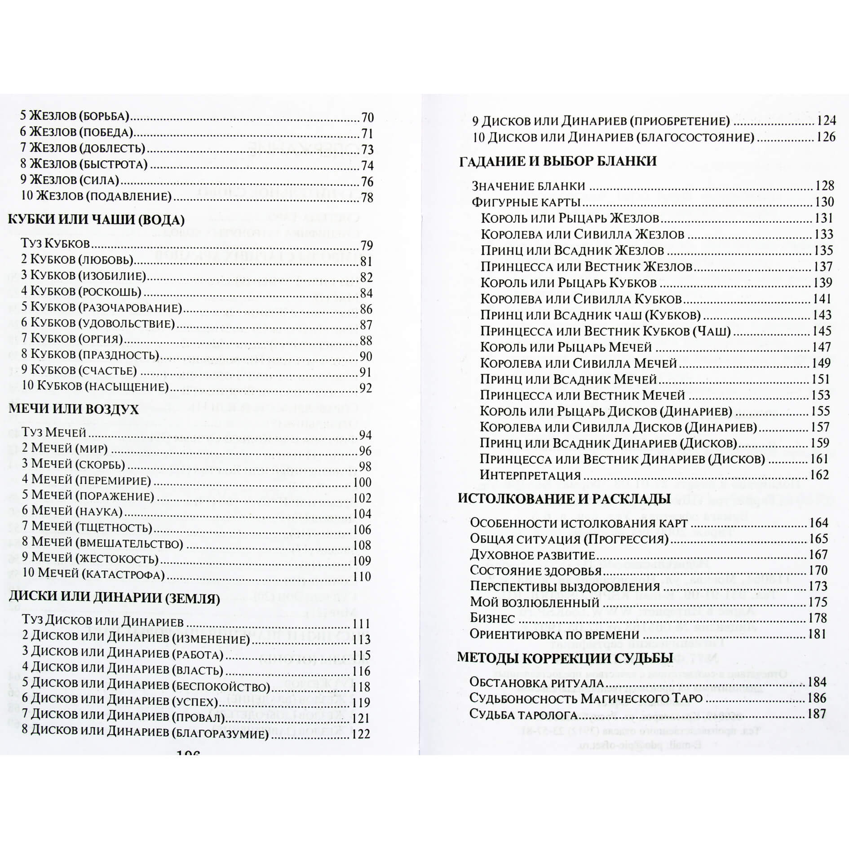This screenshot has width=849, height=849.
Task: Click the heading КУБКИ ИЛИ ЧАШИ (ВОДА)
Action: [97, 220]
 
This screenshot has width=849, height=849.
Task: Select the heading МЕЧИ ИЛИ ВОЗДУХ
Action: [74, 410]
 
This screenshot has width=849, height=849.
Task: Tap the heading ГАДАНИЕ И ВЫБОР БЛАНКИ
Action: [558, 161]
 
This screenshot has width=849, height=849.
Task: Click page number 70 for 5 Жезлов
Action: [367, 118]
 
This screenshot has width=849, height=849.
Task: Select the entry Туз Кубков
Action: [56, 244]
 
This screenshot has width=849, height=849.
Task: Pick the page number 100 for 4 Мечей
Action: [363, 482]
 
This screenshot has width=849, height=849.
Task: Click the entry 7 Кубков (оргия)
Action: [72, 339]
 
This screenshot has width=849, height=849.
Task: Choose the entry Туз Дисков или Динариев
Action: [103, 622]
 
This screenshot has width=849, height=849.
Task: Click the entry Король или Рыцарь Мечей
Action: [566, 347]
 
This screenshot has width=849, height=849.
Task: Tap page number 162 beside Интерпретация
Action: [819, 475]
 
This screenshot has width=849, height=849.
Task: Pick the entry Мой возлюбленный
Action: [535, 602]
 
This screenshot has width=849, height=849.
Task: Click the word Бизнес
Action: [492, 619]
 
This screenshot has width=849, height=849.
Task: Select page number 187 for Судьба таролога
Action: [816, 714]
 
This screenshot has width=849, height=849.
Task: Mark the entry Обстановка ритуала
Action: [536, 682]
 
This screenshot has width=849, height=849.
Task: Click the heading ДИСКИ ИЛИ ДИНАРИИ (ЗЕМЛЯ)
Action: [115, 599]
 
